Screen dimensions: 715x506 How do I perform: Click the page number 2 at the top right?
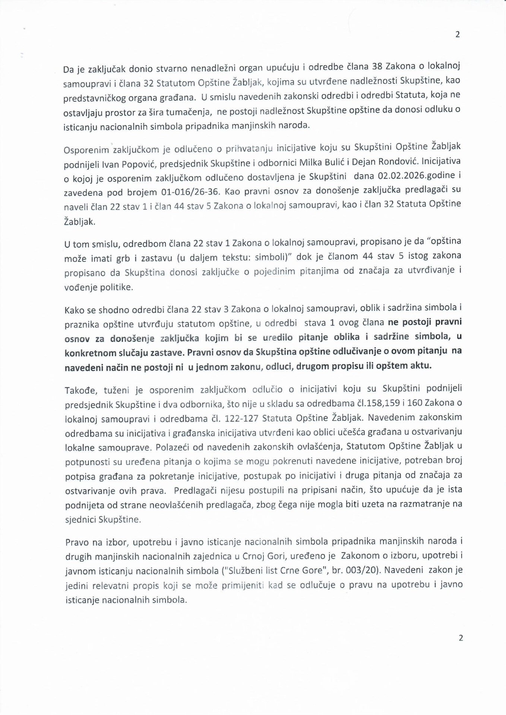[x=458, y=35]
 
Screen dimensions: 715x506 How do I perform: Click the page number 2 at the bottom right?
[x=461, y=638]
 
